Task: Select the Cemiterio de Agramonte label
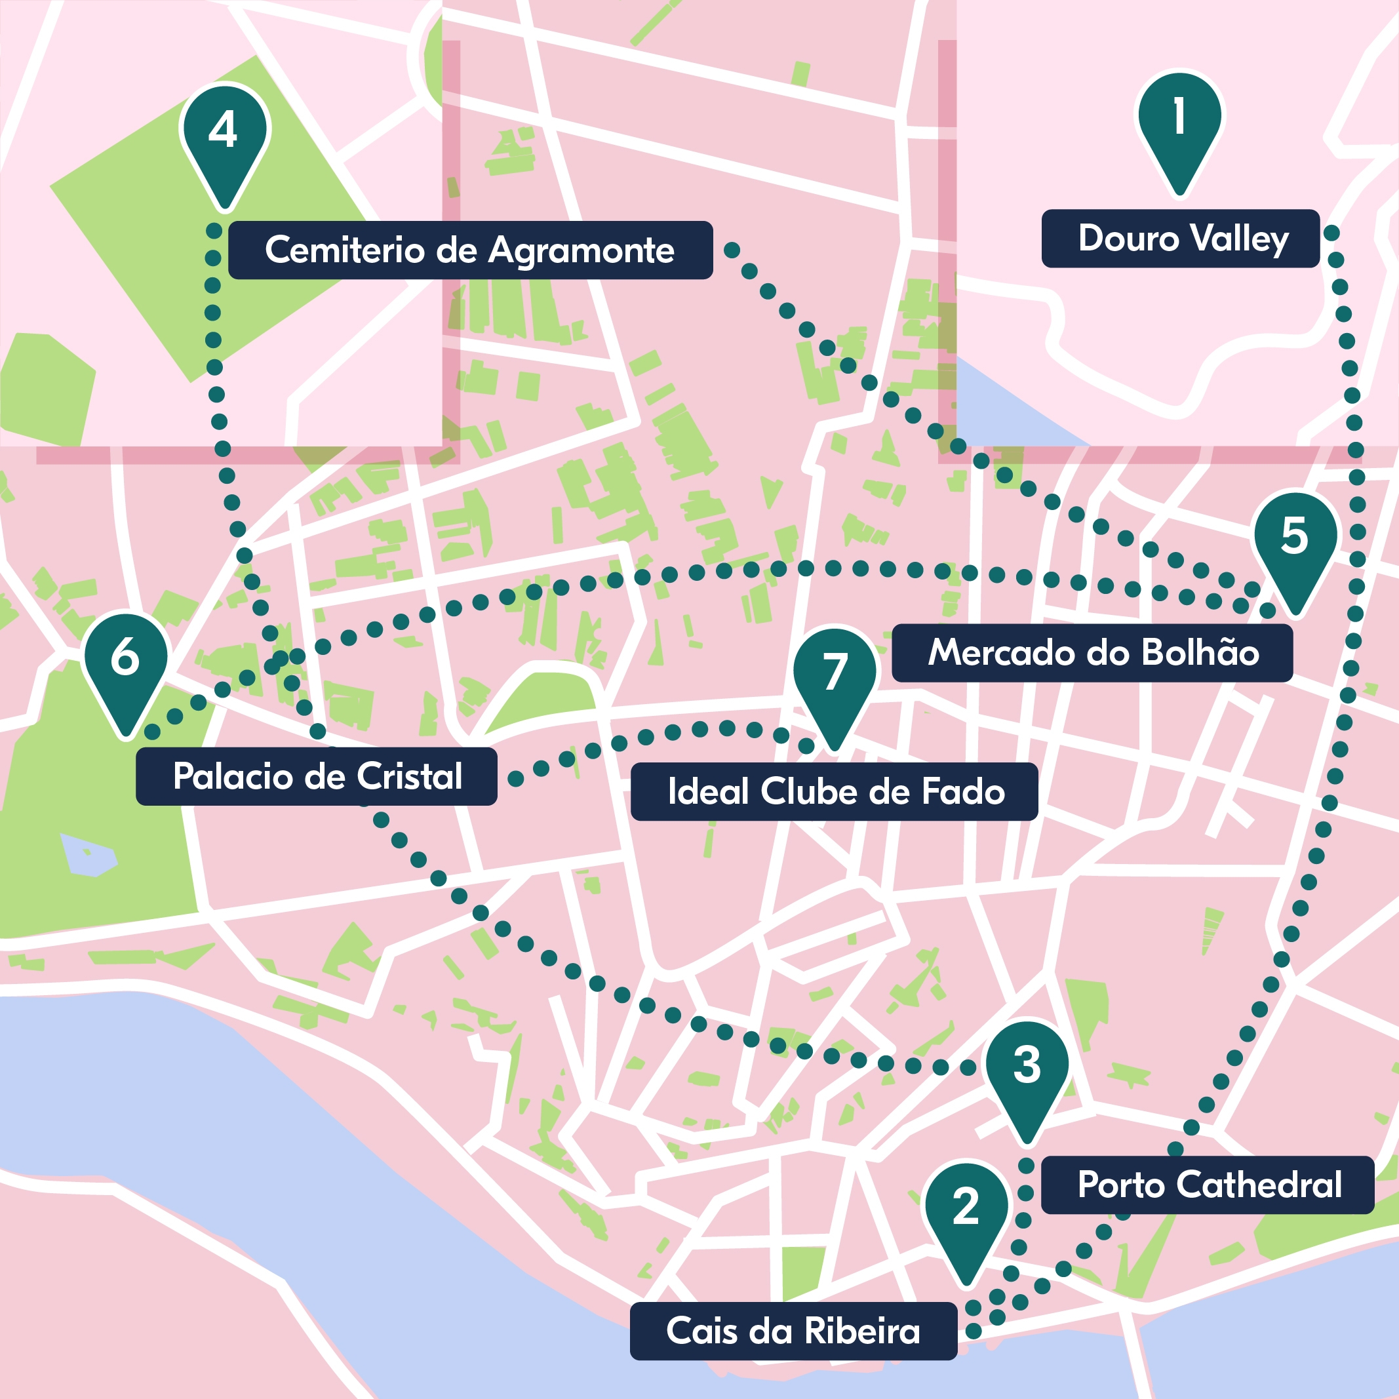(470, 250)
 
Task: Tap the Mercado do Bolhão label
(1092, 652)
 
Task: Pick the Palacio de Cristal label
(317, 776)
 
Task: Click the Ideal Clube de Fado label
(834, 791)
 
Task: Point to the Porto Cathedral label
(1207, 1185)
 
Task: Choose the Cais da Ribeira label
(793, 1331)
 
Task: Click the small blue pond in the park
(89, 854)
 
